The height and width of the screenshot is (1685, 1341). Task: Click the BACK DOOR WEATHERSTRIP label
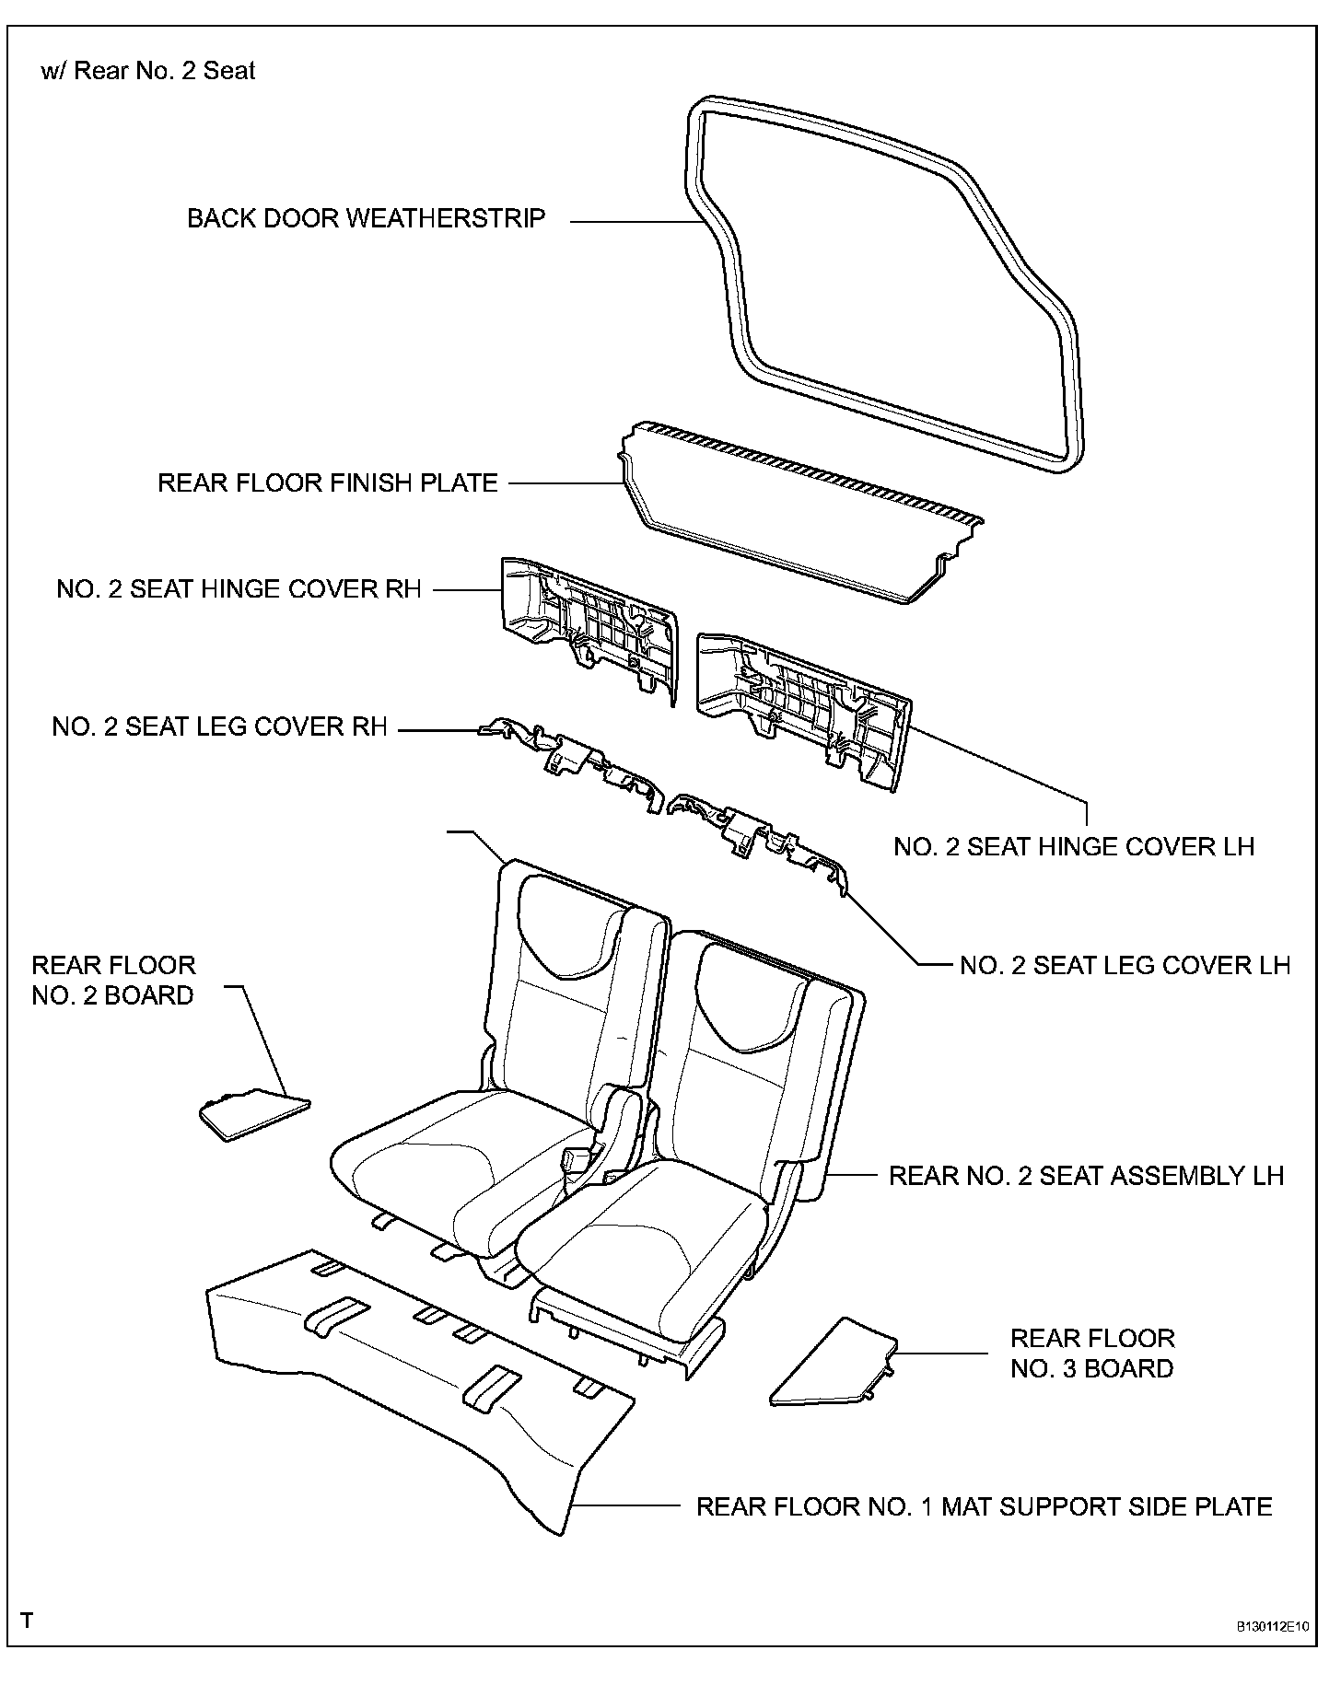click(x=366, y=219)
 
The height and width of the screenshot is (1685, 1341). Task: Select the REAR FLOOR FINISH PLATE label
click(x=327, y=483)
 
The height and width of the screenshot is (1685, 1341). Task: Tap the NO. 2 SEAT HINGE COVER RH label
click(x=239, y=589)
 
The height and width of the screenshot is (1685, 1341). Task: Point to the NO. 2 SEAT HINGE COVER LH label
click(x=1074, y=847)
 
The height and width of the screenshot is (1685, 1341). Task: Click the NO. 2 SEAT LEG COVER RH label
click(x=219, y=727)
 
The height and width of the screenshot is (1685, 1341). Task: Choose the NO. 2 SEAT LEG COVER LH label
click(x=1125, y=965)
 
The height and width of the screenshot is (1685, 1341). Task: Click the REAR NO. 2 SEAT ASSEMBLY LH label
click(x=1086, y=1176)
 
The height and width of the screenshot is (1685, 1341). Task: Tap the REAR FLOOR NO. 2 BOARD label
click(x=113, y=980)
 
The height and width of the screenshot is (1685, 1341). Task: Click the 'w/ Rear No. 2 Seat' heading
click(x=147, y=71)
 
